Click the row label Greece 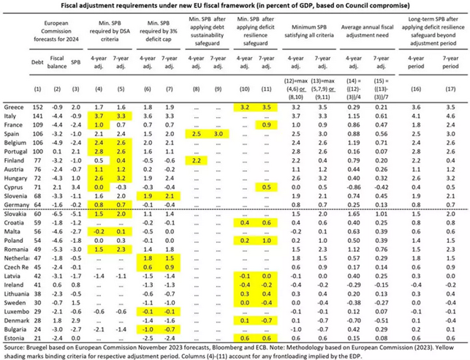click(x=15, y=106)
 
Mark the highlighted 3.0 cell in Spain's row click(x=217, y=132)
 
